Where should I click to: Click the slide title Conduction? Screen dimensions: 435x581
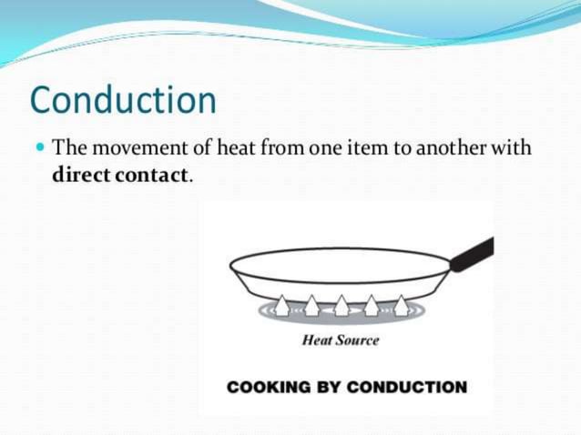click(124, 100)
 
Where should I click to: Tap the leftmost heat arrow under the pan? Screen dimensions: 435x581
click(282, 306)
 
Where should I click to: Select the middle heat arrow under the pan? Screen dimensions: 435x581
click(341, 306)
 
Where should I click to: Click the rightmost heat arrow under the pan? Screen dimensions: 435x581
click(401, 306)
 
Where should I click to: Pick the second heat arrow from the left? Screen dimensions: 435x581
click(311, 306)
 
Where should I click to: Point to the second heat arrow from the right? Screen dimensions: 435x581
click(372, 306)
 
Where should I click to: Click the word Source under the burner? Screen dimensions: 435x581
click(358, 340)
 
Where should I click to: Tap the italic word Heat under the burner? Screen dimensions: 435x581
click(317, 340)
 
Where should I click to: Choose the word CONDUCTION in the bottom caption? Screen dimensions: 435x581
click(407, 387)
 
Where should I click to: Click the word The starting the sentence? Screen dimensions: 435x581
click(67, 147)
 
